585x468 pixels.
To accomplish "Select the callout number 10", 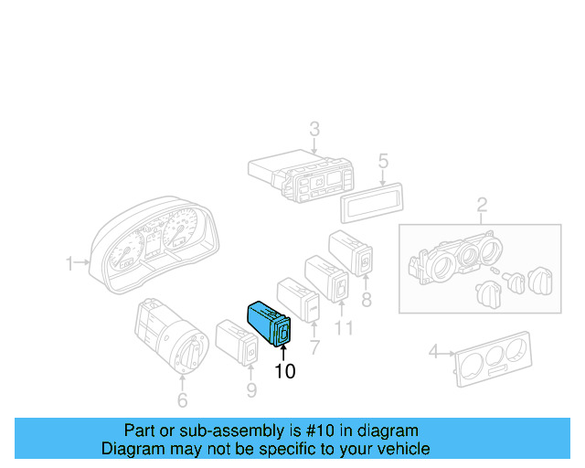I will pos(284,371).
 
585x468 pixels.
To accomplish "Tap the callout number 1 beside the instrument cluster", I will pos(69,264).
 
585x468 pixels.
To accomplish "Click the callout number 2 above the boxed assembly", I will pos(482,204).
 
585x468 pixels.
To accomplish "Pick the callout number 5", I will pos(384,161).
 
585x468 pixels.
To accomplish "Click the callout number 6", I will pos(181,399).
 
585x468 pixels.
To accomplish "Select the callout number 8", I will pos(366,299).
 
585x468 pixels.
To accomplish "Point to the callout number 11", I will pos(343,326).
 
